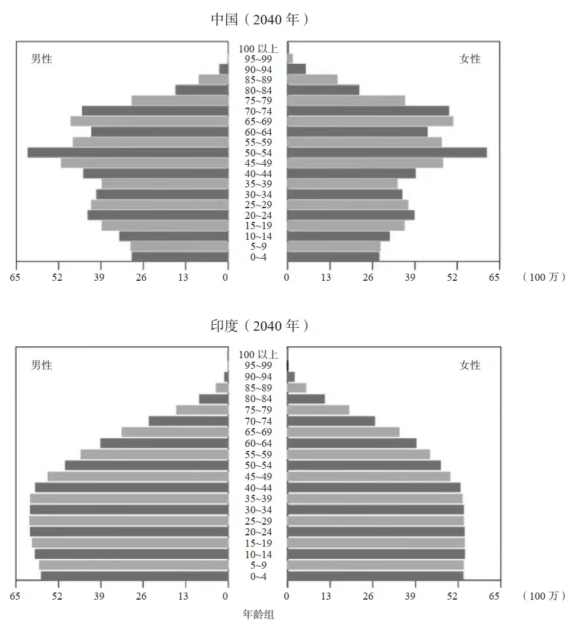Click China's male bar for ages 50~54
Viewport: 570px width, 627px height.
128,152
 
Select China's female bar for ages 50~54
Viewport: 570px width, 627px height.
387,152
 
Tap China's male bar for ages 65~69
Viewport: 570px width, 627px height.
149,121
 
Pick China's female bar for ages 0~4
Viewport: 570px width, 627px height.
333,257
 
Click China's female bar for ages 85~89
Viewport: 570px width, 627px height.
312,79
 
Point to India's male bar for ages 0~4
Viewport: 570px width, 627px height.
134,576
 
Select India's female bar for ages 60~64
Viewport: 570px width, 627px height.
352,443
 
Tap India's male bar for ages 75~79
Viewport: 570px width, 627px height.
202,410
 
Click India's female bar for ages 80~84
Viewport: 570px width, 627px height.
306,399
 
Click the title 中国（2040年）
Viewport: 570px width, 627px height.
260,20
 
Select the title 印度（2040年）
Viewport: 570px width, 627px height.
260,326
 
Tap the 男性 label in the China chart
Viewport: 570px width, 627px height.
42,59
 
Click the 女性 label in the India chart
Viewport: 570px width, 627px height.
470,365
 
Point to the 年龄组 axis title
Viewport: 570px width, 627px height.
259,614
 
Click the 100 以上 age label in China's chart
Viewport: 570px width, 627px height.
258,49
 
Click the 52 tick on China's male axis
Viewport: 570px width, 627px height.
57,277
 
